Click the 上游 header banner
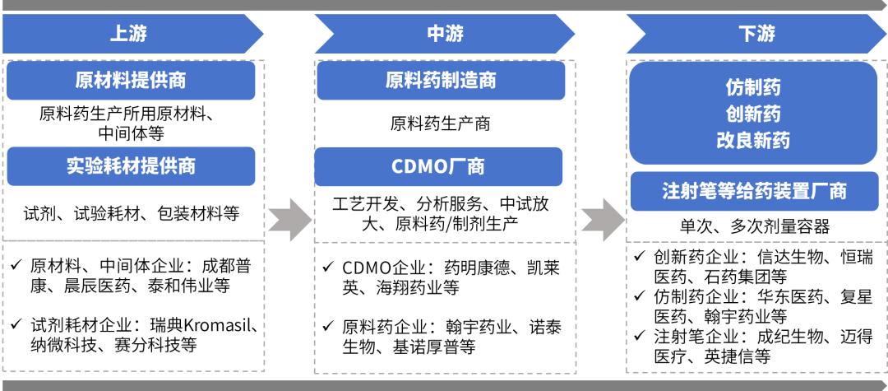click(130, 34)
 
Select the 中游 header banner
click(445, 34)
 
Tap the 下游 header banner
click(756, 34)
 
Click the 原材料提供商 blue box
click(131, 81)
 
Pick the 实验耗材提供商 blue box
click(131, 166)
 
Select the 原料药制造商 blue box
click(441, 81)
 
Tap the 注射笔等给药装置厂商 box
click(754, 192)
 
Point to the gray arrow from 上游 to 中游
click(289, 219)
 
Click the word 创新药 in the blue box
click(753, 114)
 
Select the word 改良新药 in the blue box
click(753, 141)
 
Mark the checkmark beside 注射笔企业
click(640, 336)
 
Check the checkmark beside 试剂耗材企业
click(16, 324)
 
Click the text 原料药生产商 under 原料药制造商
click(440, 123)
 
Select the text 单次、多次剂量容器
click(755, 227)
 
